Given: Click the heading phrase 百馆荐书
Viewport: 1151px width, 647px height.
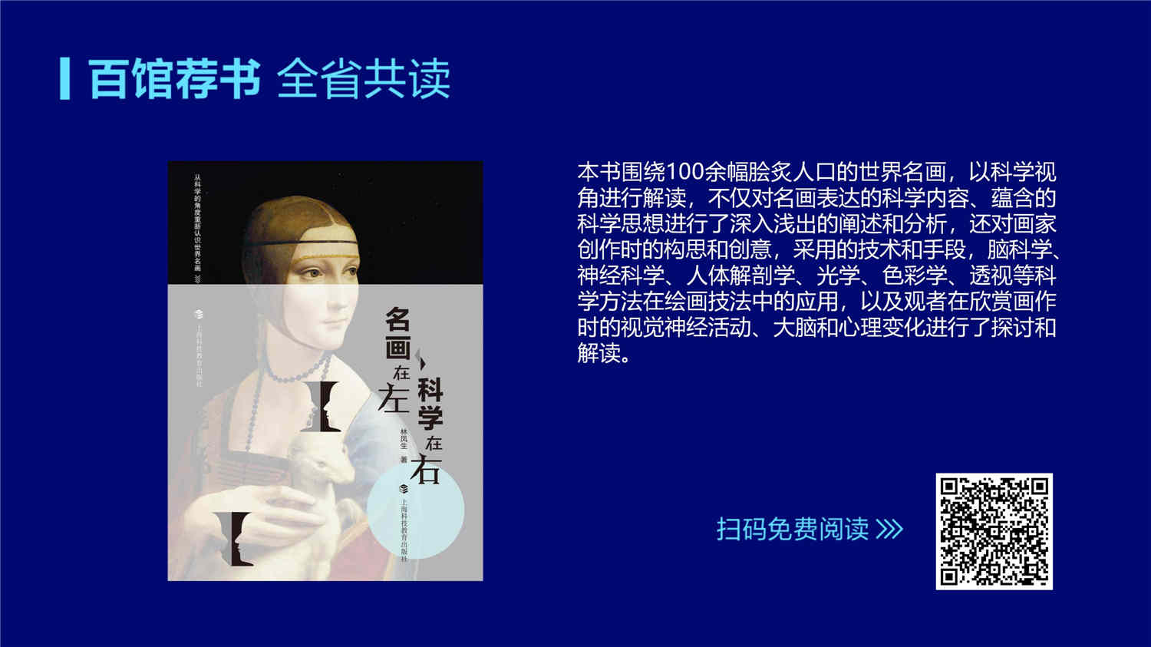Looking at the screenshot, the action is (174, 78).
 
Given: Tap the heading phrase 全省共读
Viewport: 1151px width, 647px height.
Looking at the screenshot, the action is (364, 78).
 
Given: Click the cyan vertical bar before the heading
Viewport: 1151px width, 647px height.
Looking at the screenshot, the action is (64, 78).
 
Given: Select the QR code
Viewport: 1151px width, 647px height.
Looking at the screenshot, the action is (994, 531).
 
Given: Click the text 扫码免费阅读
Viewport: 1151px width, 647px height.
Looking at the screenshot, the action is (793, 530).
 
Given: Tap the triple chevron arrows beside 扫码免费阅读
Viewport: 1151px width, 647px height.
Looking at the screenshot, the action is (889, 530).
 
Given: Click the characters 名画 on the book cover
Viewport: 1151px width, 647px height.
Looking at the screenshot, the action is (397, 333).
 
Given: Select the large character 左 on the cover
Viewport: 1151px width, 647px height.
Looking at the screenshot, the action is (394, 399).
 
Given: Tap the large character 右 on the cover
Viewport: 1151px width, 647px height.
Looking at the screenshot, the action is (425, 469).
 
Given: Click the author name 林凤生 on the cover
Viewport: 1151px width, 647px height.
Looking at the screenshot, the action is (404, 439).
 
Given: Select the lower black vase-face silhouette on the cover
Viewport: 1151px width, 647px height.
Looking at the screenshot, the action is (234, 539).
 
